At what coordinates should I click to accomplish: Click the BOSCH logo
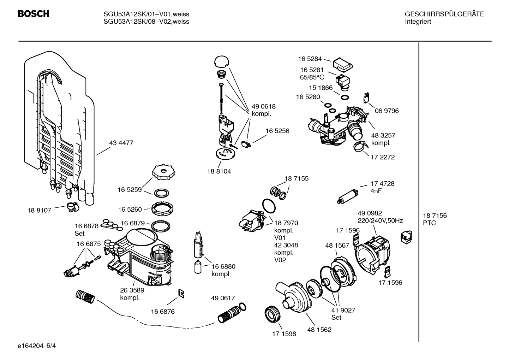[x=34, y=14]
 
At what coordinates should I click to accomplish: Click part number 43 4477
[x=121, y=143]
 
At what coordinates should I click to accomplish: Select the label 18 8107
[x=39, y=211]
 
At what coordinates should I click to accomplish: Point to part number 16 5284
[x=310, y=59]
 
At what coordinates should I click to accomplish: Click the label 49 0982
[x=370, y=213]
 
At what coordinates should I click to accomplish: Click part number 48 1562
[x=319, y=330]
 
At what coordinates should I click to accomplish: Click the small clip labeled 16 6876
[x=181, y=294]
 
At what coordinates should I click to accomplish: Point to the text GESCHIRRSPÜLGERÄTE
[x=444, y=14]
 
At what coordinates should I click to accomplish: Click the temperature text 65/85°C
[x=312, y=77]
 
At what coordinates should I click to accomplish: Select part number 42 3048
[x=286, y=245]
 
